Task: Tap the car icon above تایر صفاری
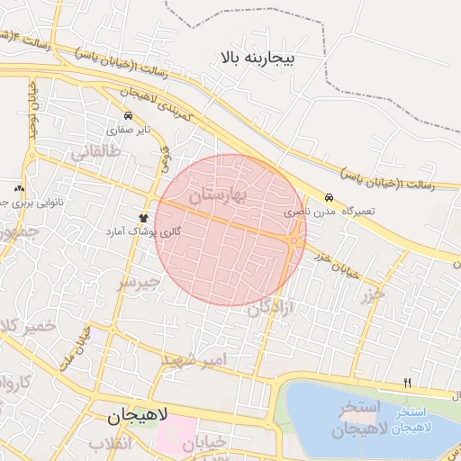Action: click(128, 116)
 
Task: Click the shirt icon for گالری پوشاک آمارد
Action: click(142, 218)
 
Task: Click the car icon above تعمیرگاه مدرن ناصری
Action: click(329, 197)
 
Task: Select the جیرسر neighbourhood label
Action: click(139, 282)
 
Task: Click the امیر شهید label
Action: click(196, 359)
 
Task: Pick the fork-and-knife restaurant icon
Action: click(408, 384)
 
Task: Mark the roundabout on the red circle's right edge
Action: click(294, 240)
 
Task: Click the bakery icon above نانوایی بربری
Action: click(19, 187)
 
